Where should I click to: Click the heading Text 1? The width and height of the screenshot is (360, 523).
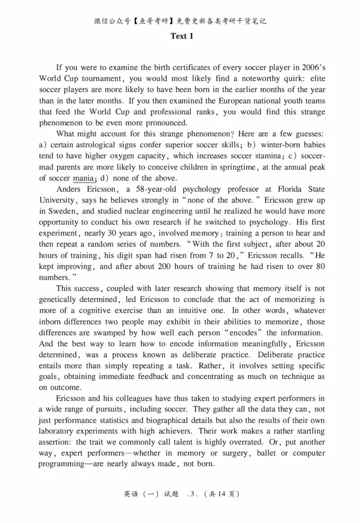182,36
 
